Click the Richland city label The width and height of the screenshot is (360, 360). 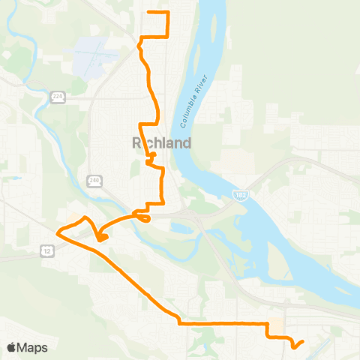[x=161, y=142]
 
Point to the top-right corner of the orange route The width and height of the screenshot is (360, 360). [x=169, y=13]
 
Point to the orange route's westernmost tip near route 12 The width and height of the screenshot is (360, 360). [x=58, y=231]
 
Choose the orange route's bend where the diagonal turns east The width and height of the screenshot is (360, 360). [x=179, y=323]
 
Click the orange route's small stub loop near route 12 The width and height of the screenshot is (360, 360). [x=102, y=238]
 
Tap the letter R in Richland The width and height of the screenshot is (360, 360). [x=137, y=142]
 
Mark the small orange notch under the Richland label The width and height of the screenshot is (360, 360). [x=151, y=157]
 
